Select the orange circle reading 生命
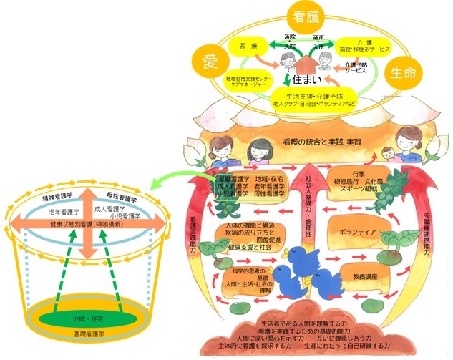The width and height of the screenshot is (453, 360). point(404,72)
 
